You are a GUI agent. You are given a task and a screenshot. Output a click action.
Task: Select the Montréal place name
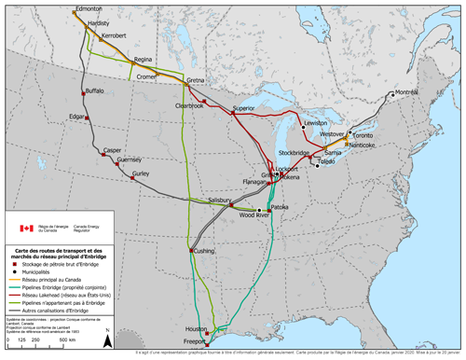tap(406, 93)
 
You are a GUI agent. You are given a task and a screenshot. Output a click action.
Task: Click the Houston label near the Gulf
tap(195, 329)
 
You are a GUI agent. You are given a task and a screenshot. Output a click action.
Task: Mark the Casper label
tap(113, 149)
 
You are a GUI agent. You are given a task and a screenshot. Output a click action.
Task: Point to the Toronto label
tap(363, 135)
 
